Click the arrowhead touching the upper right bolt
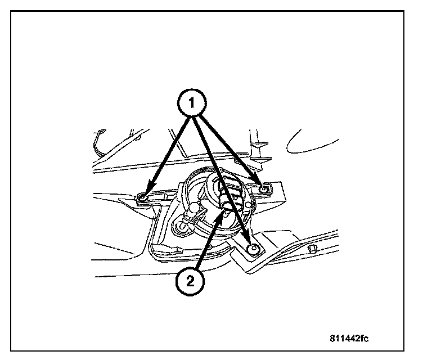tap(260, 186)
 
